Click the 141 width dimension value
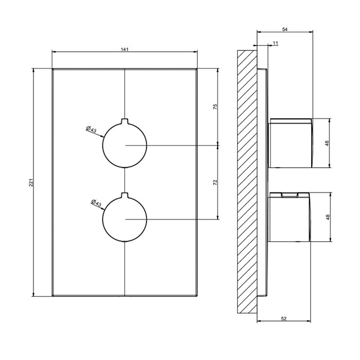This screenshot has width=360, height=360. tap(124, 49)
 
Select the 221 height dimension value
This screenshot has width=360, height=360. tap(31, 183)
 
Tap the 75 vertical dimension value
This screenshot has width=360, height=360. tap(215, 106)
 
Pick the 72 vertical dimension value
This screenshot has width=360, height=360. tap(215, 183)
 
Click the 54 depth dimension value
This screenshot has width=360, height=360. tap(285, 29)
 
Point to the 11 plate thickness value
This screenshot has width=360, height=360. tap(276, 43)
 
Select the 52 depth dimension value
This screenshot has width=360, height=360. tap(284, 319)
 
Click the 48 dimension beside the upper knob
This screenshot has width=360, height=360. tap(327, 143)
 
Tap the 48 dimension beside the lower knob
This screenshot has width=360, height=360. tap(328, 217)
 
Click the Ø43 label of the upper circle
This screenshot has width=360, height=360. tap(91, 130)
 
